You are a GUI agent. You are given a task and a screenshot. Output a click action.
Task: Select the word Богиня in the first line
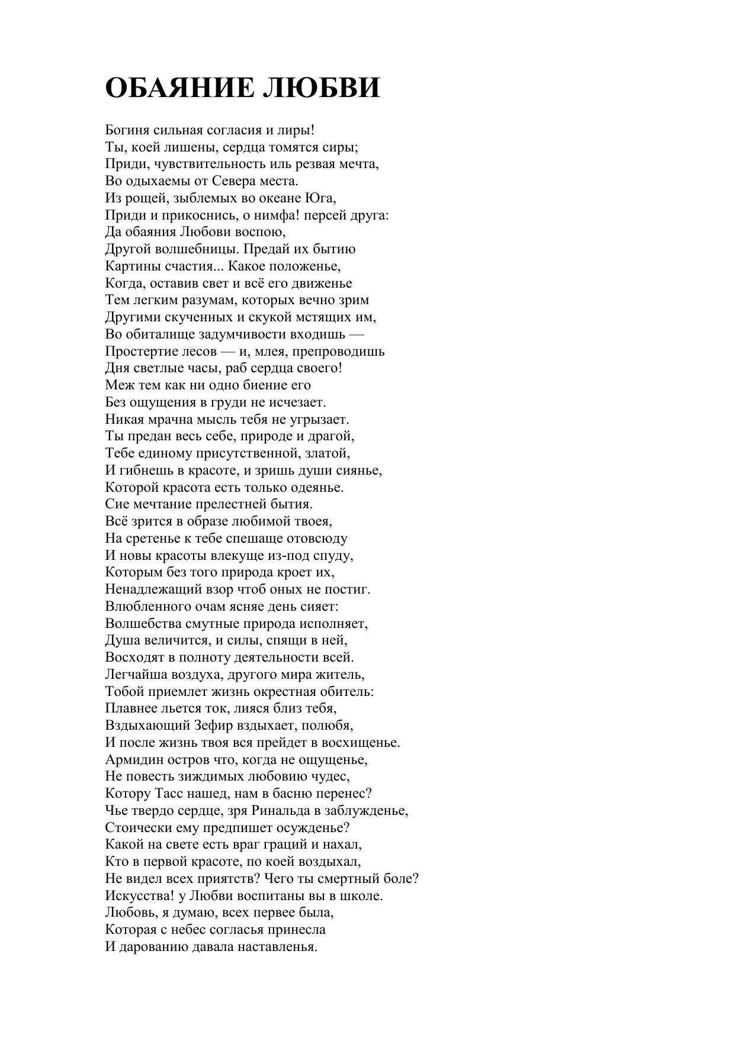126,130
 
